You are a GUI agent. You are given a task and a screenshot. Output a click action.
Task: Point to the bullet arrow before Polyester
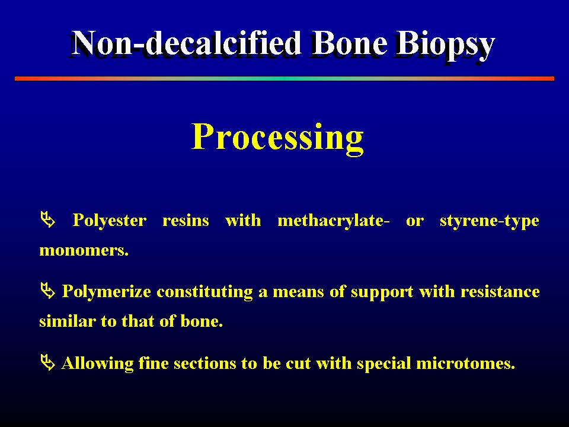pyautogui.click(x=48, y=219)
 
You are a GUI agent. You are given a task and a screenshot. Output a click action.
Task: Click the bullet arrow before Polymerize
pyautogui.click(x=48, y=291)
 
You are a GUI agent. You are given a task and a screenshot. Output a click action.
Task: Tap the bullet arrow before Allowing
pyautogui.click(x=48, y=363)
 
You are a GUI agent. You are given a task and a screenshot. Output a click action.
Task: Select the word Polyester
pyautogui.click(x=110, y=221)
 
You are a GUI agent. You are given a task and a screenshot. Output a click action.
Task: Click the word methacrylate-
pyautogui.click(x=334, y=221)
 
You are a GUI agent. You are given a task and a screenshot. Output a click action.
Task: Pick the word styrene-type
pyautogui.click(x=489, y=221)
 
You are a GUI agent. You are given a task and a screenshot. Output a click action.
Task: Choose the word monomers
pyautogui.click(x=84, y=250)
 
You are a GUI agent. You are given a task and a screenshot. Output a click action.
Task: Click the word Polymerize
pyautogui.click(x=106, y=292)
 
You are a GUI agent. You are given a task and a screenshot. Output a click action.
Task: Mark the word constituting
pyautogui.click(x=204, y=292)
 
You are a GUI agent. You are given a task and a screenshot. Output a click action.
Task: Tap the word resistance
pyautogui.click(x=500, y=292)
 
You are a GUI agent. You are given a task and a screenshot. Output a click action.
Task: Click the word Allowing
pyautogui.click(x=97, y=364)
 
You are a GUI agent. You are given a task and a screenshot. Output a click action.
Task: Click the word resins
pyautogui.click(x=186, y=221)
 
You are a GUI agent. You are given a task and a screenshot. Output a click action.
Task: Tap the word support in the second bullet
pyautogui.click(x=382, y=292)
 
